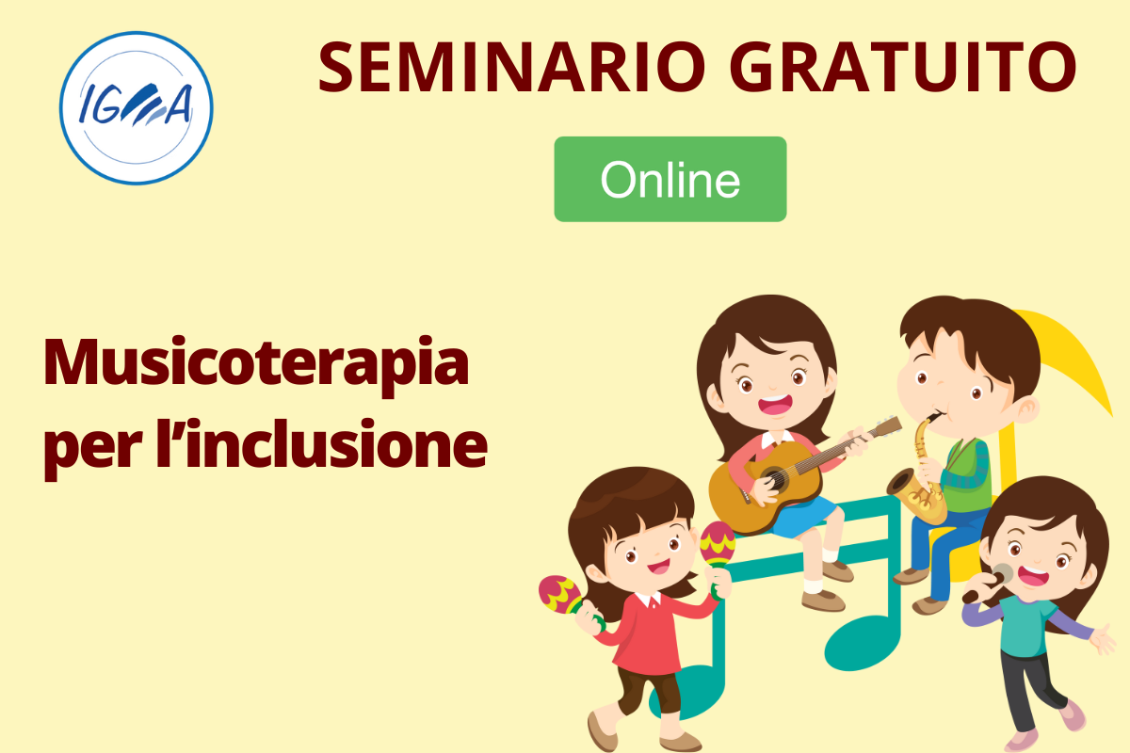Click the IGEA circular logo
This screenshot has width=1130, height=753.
tap(137, 108)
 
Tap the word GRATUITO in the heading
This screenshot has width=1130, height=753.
tap(903, 68)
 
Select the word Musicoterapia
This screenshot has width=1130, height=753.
tap(256, 364)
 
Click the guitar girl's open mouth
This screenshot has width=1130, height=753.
tap(775, 405)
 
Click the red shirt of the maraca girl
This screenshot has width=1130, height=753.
tap(651, 633)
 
